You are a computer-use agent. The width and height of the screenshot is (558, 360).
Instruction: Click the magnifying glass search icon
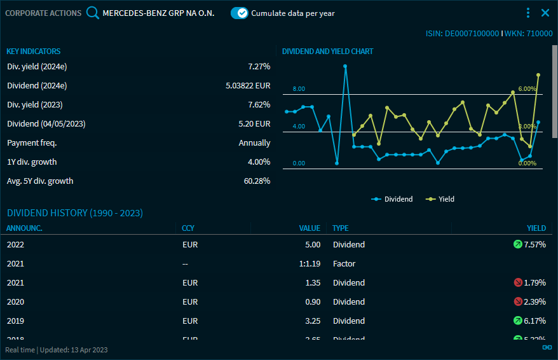click(93, 13)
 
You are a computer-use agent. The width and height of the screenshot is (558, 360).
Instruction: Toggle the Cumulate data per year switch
click(240, 13)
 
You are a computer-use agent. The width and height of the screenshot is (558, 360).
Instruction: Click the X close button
click(545, 13)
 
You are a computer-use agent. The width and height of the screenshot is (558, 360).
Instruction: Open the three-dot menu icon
click(528, 13)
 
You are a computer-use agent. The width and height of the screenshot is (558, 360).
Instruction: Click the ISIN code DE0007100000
click(462, 33)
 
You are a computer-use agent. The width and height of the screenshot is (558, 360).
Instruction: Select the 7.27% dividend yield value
click(259, 66)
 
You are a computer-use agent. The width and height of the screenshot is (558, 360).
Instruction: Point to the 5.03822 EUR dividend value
click(248, 85)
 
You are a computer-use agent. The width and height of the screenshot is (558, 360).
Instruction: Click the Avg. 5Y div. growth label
click(40, 181)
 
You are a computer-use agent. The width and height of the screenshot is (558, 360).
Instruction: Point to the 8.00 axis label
click(299, 89)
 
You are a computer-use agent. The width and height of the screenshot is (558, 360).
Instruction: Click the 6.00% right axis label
click(527, 89)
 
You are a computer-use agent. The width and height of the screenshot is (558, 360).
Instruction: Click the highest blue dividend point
click(345, 66)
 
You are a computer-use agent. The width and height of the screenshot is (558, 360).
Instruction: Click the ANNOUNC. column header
click(25, 228)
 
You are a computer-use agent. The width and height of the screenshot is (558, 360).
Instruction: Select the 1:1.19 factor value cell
click(309, 263)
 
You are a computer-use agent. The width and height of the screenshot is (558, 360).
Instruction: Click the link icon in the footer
click(547, 347)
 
